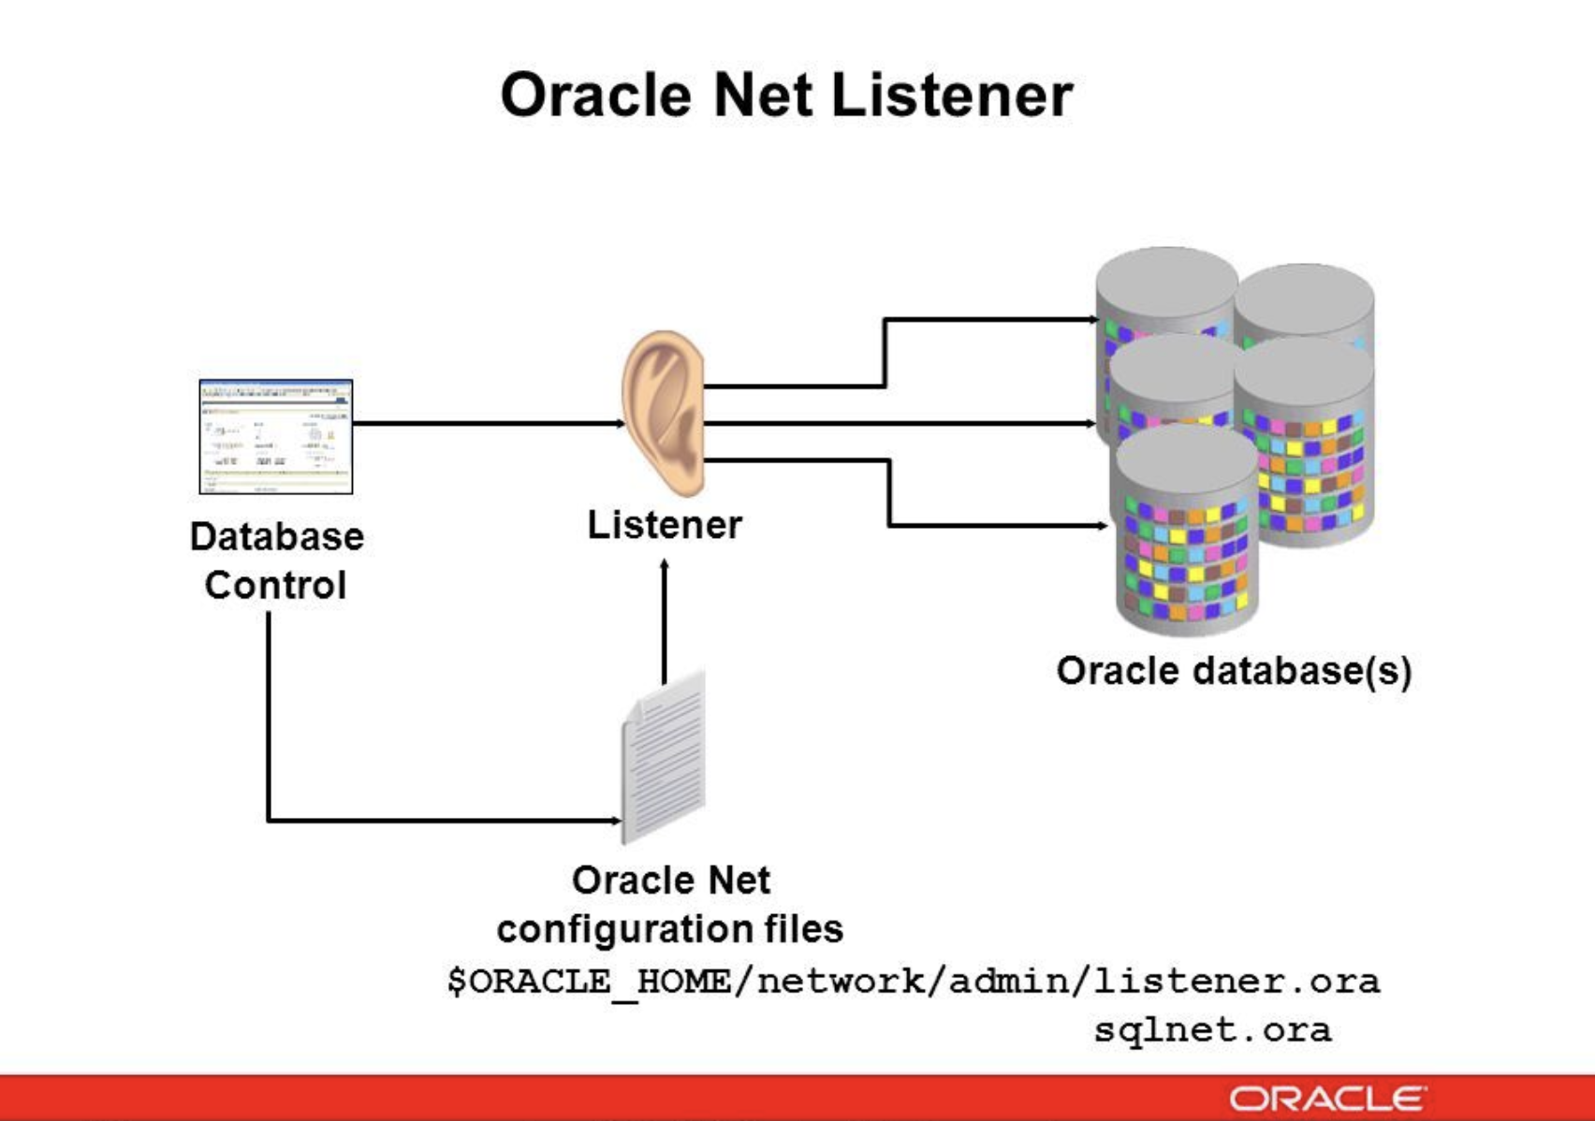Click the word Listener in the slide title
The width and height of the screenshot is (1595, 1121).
pos(951,95)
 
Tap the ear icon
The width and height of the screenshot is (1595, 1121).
pos(664,413)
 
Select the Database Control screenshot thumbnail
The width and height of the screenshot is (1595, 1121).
pos(276,436)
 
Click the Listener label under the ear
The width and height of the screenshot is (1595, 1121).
pos(664,525)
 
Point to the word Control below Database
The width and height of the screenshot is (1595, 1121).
pos(275,586)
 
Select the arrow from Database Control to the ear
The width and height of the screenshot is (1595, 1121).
pos(487,424)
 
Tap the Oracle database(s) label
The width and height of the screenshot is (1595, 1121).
pos(1233,671)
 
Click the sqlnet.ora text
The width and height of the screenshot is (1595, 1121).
pos(1211,1030)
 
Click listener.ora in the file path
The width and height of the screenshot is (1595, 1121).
pos(1236,982)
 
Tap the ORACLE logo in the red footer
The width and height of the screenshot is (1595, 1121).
pos(1327,1099)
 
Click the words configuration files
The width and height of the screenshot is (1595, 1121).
pos(669,929)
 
